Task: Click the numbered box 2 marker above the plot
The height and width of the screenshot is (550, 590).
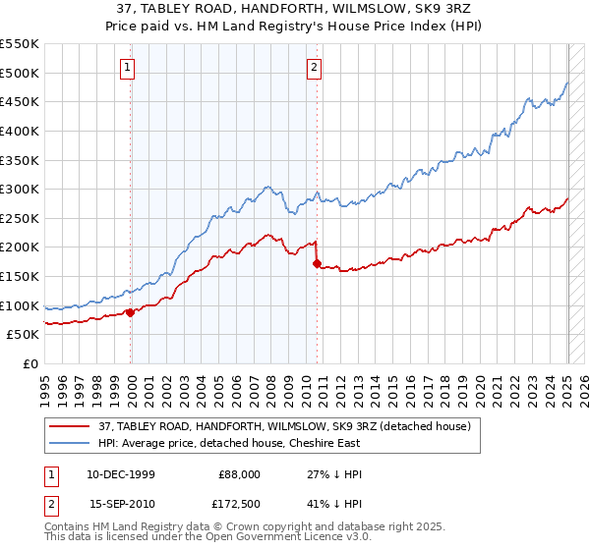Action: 314,68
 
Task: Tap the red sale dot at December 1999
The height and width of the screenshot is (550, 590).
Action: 131,312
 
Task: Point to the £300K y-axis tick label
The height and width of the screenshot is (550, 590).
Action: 21,189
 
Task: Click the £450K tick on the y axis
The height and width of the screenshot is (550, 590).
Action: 21,101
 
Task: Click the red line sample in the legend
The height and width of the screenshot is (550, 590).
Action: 70,426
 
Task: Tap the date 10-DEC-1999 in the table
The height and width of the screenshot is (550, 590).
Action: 122,474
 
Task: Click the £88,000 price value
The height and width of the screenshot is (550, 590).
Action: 239,474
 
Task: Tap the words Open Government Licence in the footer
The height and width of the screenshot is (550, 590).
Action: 265,538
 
